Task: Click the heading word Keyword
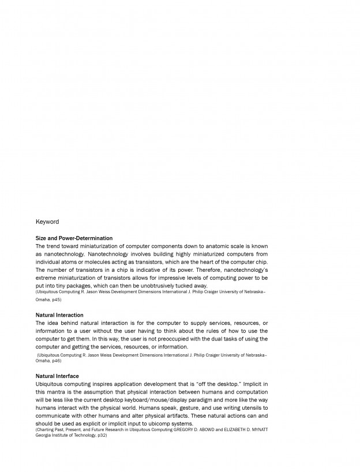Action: pyautogui.click(x=47, y=222)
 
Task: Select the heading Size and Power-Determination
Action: pyautogui.click(x=74, y=238)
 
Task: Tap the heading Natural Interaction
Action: pyautogui.click(x=59, y=315)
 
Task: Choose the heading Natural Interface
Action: pyautogui.click(x=57, y=376)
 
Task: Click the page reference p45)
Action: pyautogui.click(x=55, y=300)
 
